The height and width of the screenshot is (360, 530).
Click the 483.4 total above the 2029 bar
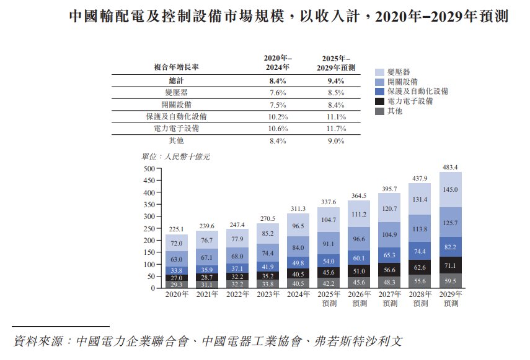click(x=451, y=167)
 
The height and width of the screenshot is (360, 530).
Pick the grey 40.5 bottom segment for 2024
click(x=298, y=284)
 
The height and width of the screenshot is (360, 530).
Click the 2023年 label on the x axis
click(x=268, y=295)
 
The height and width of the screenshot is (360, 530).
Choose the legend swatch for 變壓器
click(x=380, y=72)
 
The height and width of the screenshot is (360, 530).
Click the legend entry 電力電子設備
click(x=410, y=101)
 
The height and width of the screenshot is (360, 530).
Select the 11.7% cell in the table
click(x=335, y=129)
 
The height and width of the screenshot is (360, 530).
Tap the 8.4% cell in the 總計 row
click(x=277, y=81)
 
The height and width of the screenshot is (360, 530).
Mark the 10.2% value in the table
click(x=277, y=117)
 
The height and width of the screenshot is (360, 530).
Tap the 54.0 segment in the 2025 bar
click(x=329, y=262)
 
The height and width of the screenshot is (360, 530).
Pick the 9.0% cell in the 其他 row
click(x=335, y=141)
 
